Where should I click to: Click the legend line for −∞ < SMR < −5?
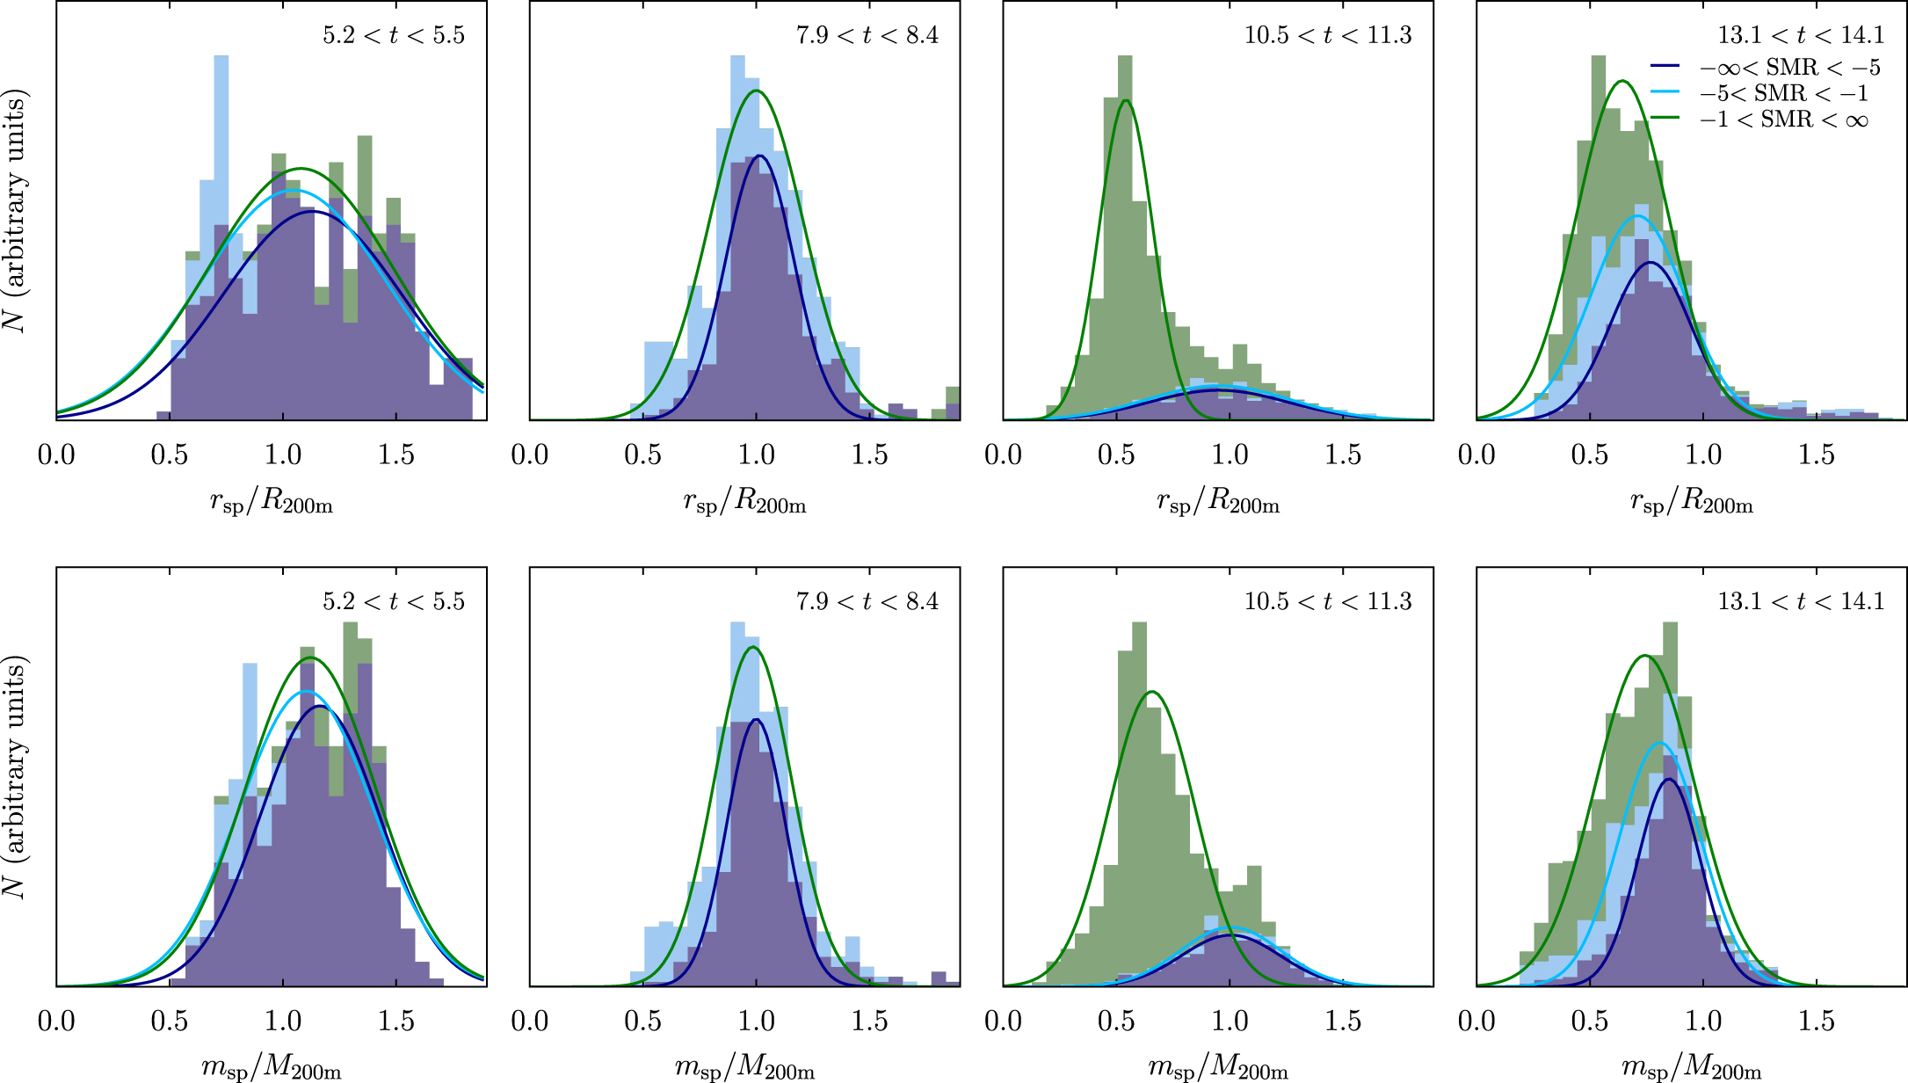(1665, 67)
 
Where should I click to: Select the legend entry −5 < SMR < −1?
(1784, 93)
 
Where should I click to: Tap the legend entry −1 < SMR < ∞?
(1784, 120)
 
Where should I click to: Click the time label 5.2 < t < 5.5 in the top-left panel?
(393, 35)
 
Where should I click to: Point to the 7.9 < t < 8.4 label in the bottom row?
(867, 601)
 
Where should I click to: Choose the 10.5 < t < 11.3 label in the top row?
(1327, 35)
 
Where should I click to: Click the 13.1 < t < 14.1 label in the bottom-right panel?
(1801, 601)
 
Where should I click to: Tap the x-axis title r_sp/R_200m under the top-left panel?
(271, 502)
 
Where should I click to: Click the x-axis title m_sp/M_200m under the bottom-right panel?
(1691, 1068)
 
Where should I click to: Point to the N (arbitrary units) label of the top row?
(16, 211)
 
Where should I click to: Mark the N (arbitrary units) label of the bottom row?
(16, 777)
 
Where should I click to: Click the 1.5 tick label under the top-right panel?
(1816, 454)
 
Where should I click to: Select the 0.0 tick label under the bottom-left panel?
(56, 1021)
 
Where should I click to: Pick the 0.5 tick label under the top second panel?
(642, 454)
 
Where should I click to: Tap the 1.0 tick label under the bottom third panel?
(1230, 1021)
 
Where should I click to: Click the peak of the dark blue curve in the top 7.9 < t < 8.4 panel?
(758, 156)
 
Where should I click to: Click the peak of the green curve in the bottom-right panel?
(1644, 655)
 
